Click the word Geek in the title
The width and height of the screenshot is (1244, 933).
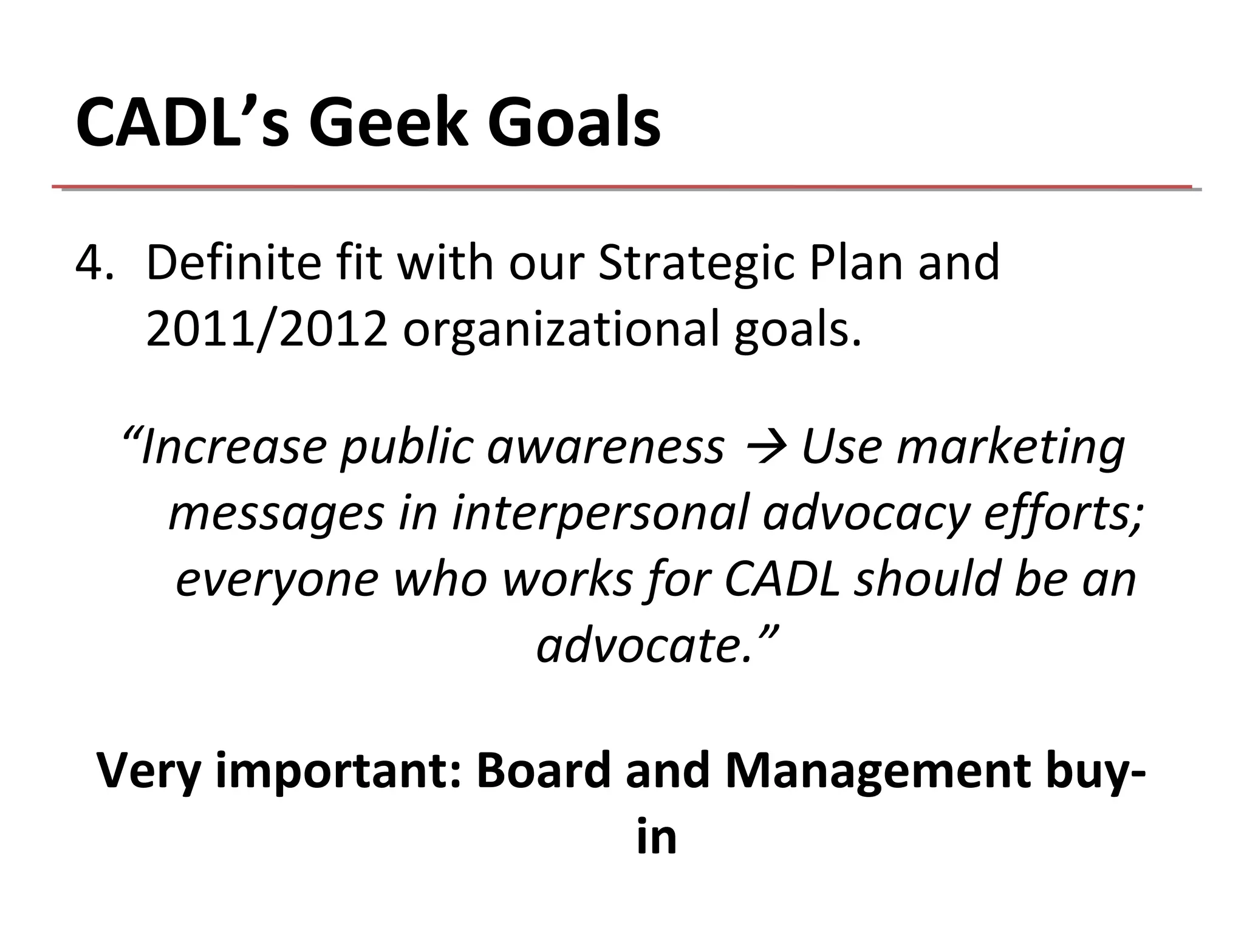click(x=390, y=123)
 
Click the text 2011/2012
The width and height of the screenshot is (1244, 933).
click(x=267, y=329)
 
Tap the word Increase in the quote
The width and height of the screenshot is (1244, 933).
click(x=233, y=446)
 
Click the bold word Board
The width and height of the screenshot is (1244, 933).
click(x=543, y=770)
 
